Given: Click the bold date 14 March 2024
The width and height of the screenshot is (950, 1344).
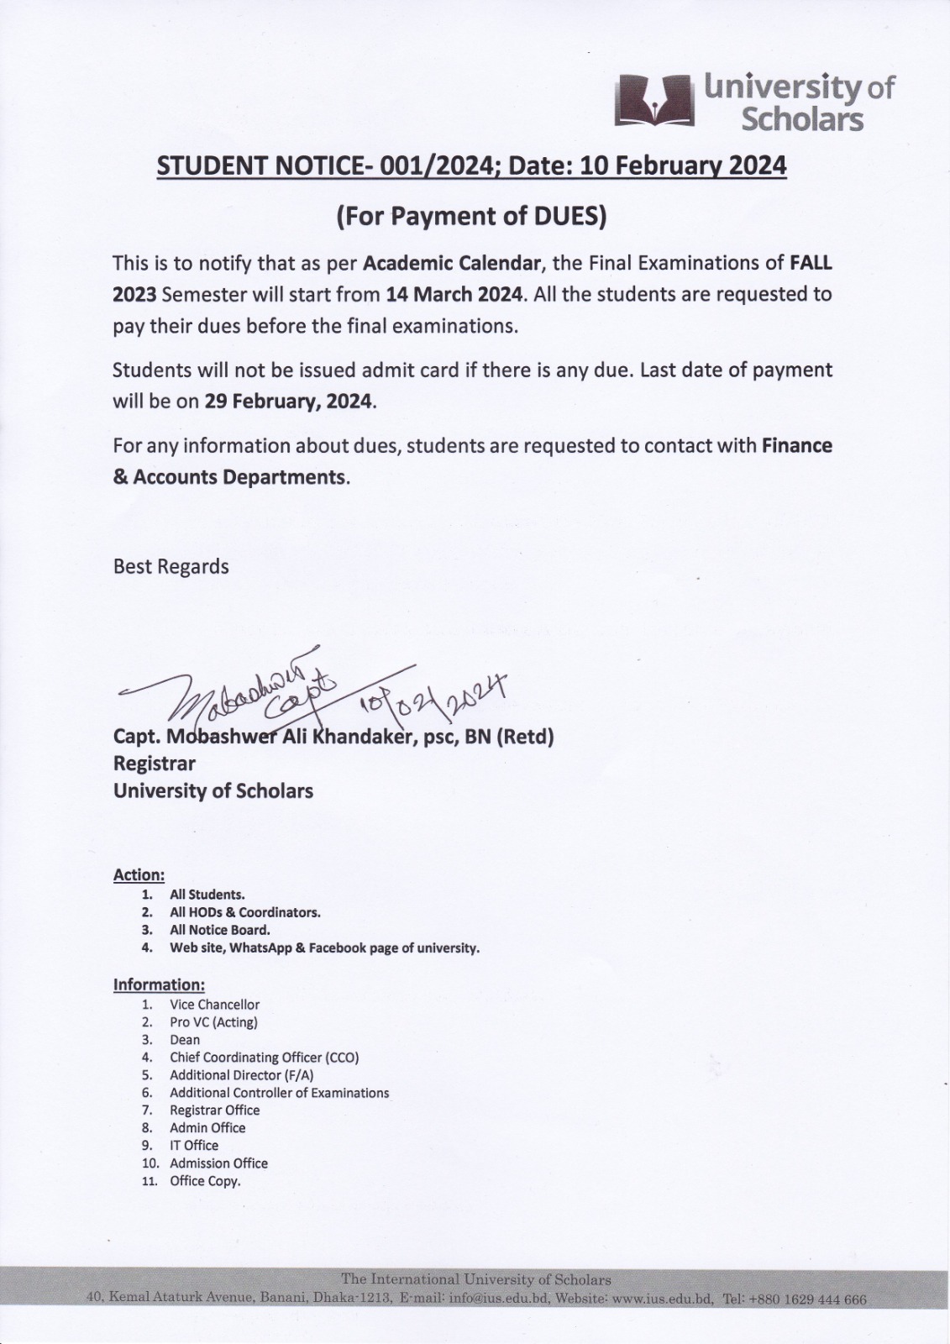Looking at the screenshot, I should coord(454,295).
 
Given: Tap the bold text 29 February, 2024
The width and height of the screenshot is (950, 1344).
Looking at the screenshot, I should coord(287,402).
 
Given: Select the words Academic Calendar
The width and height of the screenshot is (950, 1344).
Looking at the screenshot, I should coord(451,263).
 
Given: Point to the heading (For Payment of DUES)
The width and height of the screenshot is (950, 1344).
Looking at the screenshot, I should coord(470,216).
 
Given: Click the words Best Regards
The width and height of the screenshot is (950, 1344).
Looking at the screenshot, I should coord(171,566).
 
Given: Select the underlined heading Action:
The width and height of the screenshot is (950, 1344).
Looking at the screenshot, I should coord(139,874).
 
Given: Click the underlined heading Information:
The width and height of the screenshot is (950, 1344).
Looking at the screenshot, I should coord(159,984).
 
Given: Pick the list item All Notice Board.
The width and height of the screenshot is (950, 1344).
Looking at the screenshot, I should coord(220,930).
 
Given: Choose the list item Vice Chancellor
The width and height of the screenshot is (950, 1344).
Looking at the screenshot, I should coord(214,1005).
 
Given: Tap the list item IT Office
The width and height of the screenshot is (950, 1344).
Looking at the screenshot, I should coord(194,1146).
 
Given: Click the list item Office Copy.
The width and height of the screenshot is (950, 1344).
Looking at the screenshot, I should coord(205,1181).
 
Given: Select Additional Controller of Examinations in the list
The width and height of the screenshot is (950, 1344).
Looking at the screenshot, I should coord(279,1093).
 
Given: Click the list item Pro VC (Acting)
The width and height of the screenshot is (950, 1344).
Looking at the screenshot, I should coord(213,1022).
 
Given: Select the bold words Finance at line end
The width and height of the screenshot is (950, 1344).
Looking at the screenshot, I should coord(796,446).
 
